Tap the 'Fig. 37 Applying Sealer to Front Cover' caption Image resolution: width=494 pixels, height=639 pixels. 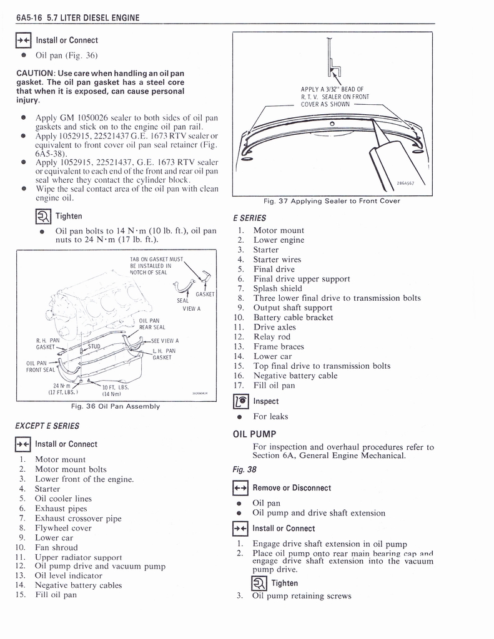click(332, 201)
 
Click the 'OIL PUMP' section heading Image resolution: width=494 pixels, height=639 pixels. click(254, 434)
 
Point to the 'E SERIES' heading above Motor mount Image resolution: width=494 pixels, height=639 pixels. click(249, 218)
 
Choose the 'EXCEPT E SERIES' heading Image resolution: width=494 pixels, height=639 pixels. click(47, 426)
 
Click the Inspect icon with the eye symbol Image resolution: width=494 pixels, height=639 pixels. click(240, 402)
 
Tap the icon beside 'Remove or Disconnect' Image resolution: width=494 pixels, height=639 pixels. click(240, 488)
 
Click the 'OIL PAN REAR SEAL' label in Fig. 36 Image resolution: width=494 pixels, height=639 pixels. click(152, 324)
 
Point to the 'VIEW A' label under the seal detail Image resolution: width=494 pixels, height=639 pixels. click(192, 308)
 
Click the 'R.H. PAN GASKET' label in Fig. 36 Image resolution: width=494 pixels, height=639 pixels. click(47, 343)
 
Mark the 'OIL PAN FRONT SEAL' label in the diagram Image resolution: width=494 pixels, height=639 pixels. click(41, 366)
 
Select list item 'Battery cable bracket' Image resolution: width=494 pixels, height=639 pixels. click(293, 318)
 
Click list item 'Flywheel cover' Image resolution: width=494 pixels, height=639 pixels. click(63, 528)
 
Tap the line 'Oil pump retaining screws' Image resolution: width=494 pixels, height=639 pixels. click(301, 596)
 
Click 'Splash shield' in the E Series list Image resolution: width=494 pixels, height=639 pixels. click(278, 288)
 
